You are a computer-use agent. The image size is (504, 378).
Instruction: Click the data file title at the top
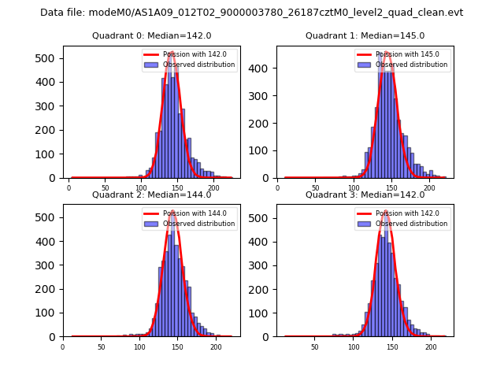click(252, 13)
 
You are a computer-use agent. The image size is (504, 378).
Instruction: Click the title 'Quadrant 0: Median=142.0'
click(151, 35)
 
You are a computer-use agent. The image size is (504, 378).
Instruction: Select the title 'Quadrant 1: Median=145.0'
click(365, 35)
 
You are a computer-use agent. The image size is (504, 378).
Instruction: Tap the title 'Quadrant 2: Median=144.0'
click(151, 195)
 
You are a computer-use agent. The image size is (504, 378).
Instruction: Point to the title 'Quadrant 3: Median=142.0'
click(365, 195)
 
